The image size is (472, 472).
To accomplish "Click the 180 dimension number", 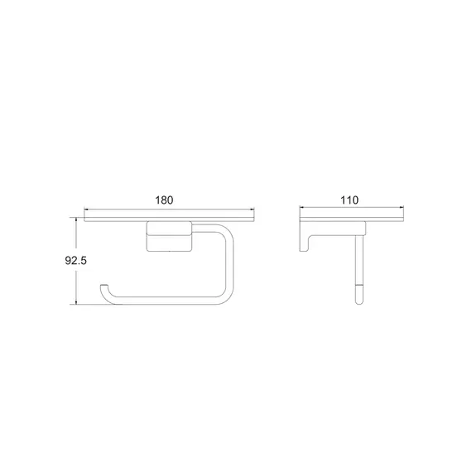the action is pos(164,200).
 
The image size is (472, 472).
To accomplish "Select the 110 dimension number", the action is pos(349,200).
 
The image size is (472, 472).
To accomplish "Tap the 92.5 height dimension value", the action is pos(76,260).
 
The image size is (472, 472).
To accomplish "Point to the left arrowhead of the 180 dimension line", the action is pos(86,209).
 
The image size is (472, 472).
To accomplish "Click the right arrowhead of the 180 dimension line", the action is pos(252,209).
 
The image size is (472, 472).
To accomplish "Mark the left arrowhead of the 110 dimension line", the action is pos(302,207).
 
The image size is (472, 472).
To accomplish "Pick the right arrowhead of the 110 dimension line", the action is pos(401,207).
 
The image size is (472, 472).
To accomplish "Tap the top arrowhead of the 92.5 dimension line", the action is pos(76,219).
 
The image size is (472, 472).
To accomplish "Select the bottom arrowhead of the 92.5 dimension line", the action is pos(76,301).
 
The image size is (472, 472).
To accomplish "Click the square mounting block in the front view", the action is pos(169,236).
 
